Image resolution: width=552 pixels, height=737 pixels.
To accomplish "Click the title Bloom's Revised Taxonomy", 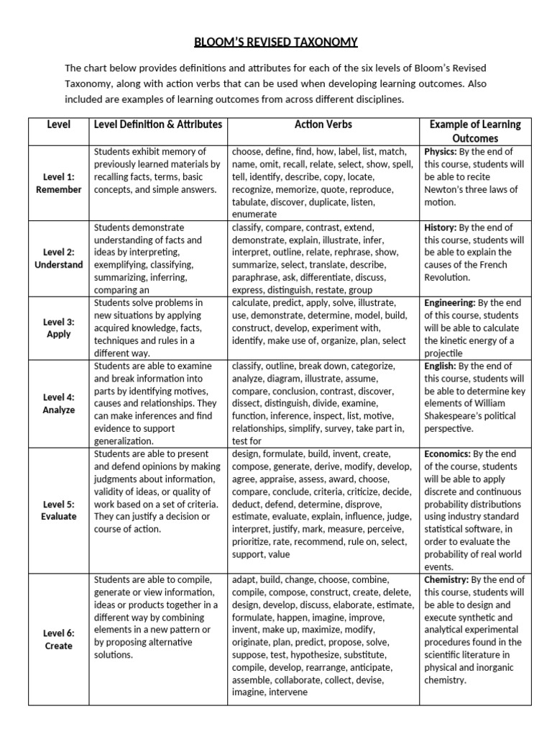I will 276,42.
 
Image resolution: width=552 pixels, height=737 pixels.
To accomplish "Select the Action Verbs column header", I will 323,125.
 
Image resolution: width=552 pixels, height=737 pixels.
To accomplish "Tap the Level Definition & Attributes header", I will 159,125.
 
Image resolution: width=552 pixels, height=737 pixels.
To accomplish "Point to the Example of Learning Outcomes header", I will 475,131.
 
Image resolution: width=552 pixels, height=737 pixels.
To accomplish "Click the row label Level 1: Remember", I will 58,183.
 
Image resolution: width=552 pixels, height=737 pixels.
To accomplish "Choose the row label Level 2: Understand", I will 58,258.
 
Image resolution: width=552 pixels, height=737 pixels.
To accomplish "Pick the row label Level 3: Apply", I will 58,327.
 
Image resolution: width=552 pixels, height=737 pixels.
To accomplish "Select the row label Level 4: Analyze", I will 58,403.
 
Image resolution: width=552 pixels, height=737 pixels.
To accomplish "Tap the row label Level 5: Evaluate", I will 58,510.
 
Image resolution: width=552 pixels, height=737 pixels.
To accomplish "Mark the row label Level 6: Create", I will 58,639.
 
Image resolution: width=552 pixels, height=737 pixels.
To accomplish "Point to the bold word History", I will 440,227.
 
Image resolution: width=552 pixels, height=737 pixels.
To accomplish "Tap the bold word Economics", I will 448,454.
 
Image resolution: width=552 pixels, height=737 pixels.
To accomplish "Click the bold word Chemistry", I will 446,579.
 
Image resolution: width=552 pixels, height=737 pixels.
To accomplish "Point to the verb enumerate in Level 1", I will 254,214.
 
